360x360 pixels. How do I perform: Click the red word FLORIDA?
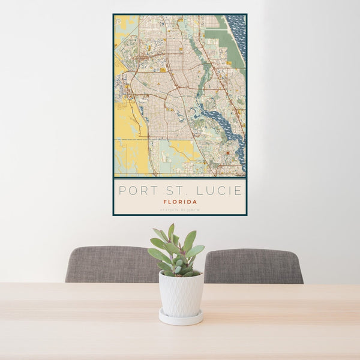pos(179,202)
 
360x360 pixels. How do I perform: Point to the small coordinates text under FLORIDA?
pos(179,210)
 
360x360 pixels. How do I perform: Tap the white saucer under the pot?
pos(181,319)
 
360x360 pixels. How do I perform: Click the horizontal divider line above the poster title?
pos(179,179)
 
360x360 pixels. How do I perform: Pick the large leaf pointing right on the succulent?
pos(195,251)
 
